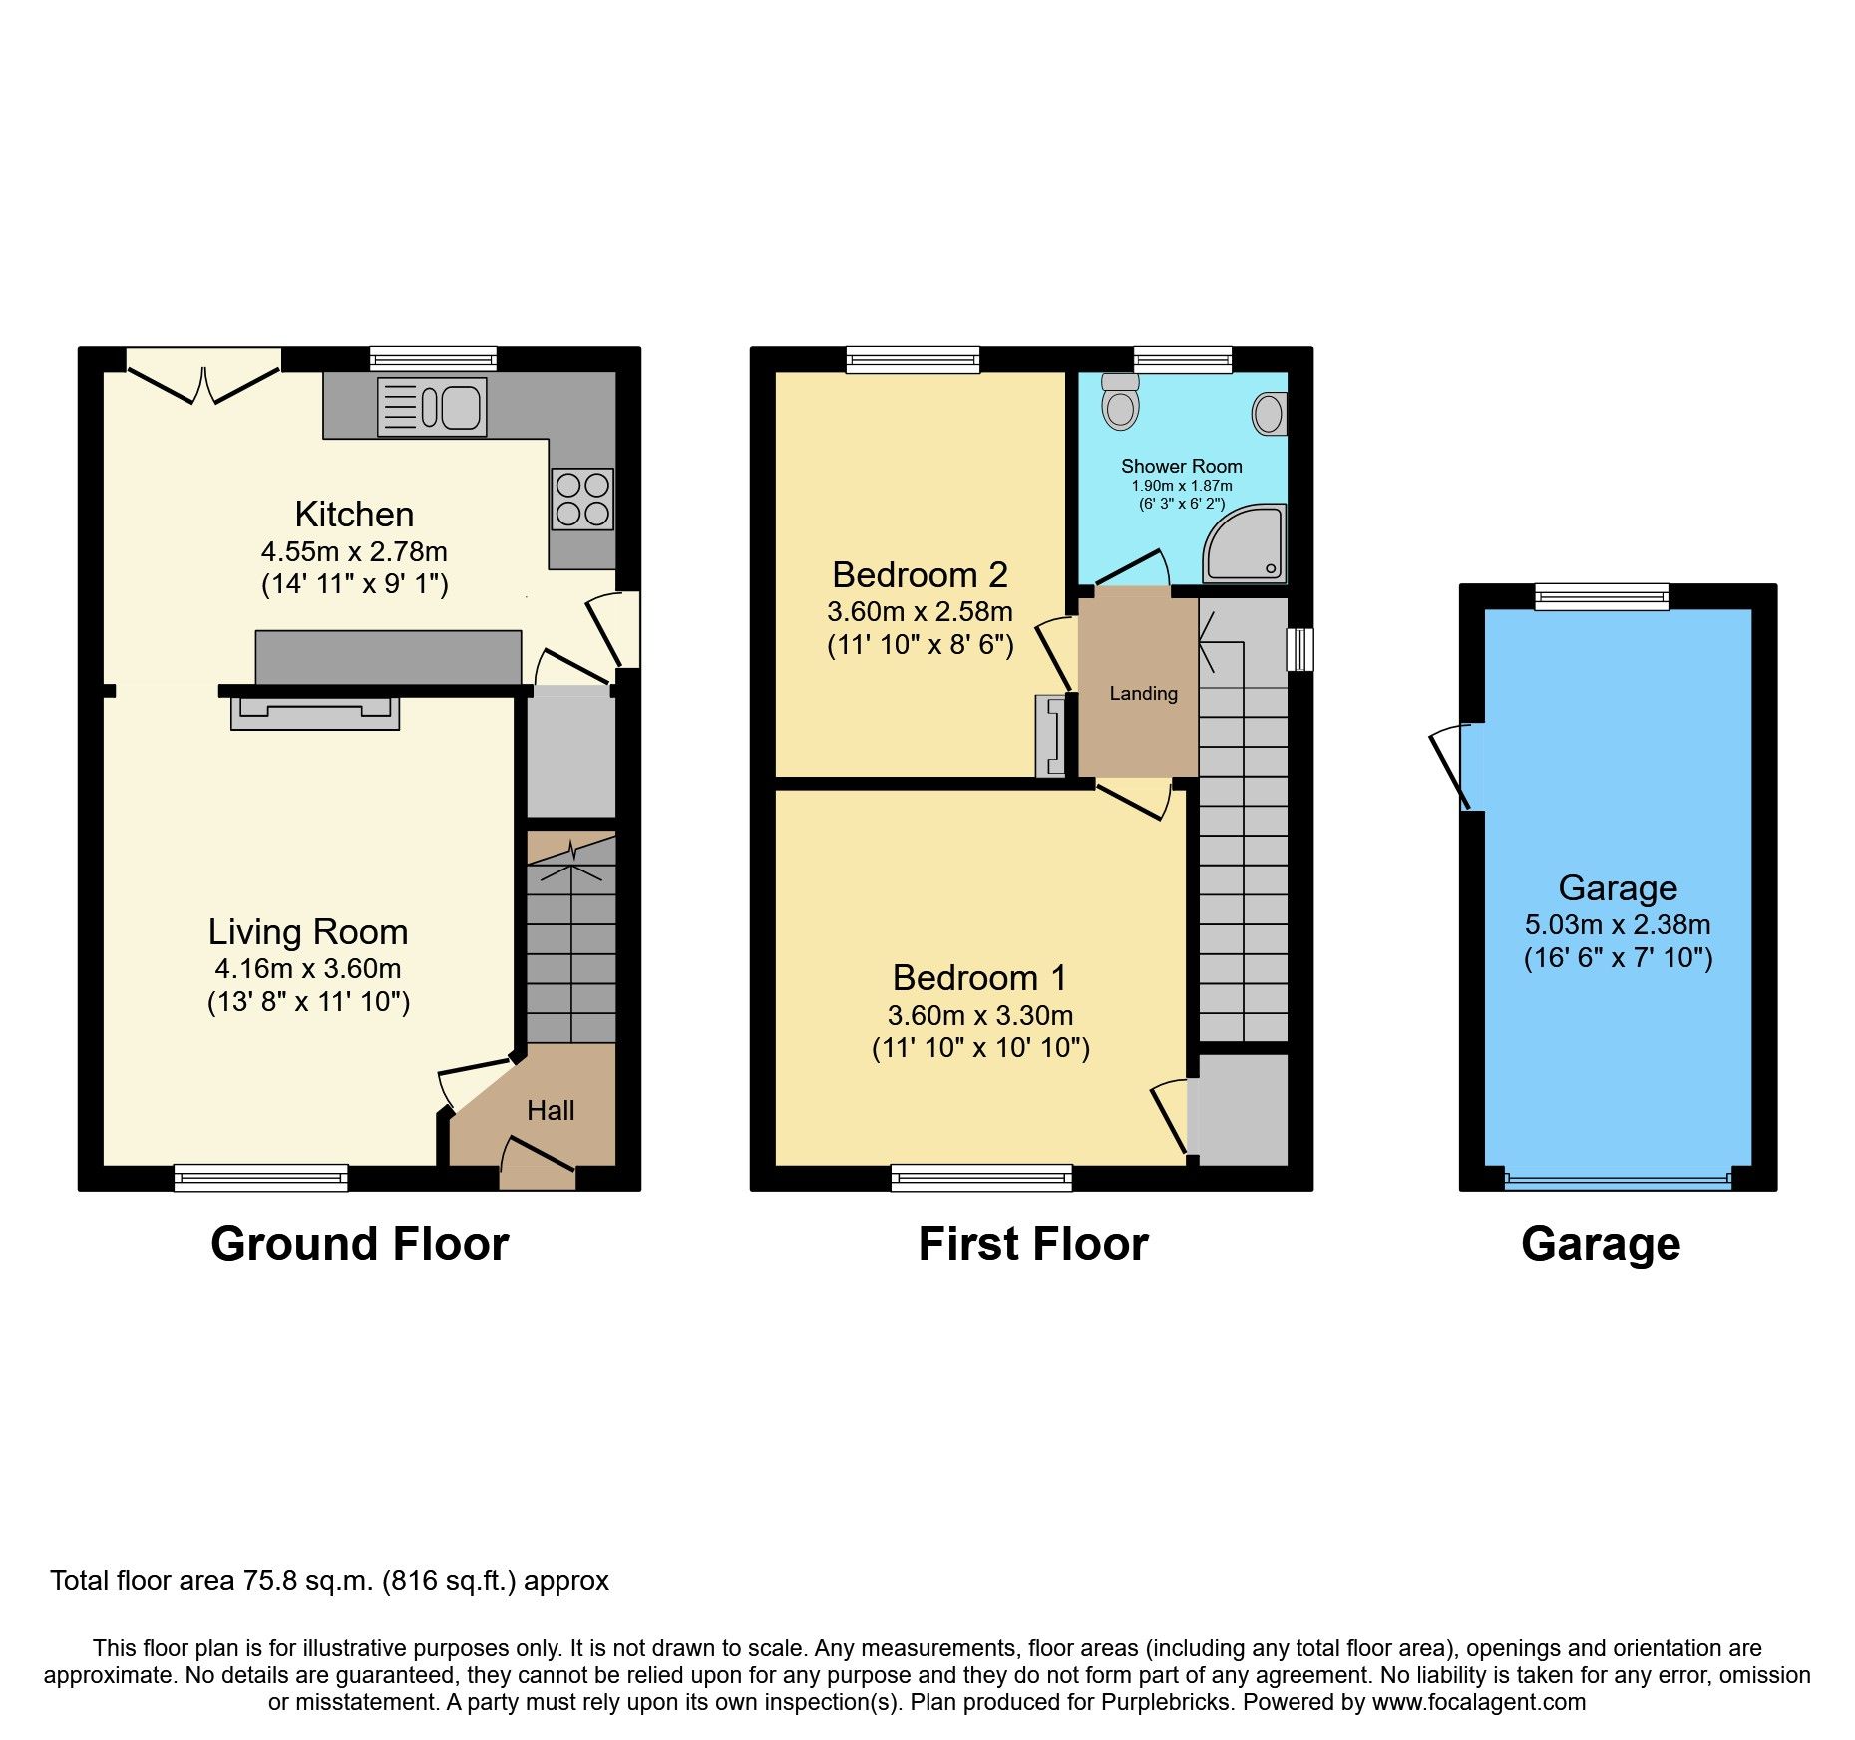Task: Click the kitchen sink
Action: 432,407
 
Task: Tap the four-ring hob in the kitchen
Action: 582,499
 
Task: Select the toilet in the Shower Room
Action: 1121,402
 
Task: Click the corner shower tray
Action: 1247,544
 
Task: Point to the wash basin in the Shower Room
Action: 1270,413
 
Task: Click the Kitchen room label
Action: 354,515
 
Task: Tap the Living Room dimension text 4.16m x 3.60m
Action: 308,968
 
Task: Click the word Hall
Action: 551,1111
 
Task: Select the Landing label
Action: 1143,693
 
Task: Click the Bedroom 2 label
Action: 920,575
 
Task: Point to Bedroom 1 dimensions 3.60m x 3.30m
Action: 980,1016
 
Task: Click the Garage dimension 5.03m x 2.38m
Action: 1618,924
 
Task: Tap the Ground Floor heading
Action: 359,1244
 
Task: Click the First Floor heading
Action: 1032,1244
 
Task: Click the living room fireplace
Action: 315,713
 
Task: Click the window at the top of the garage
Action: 1601,597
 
